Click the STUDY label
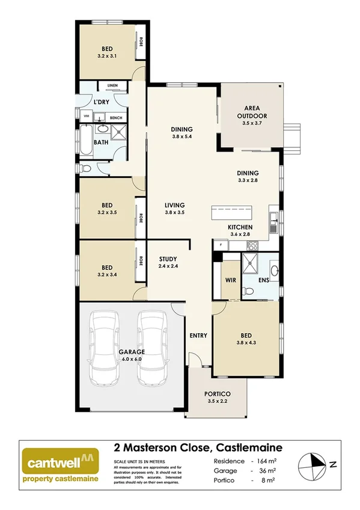pos(168,259)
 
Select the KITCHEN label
pos(240,227)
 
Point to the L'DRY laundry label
pos(101,102)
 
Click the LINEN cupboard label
pos(112,85)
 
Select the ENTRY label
pos(198,335)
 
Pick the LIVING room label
pos(174,205)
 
